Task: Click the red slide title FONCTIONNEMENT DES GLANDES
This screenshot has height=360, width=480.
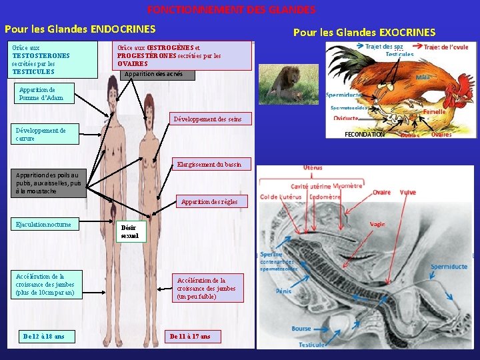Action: [x=231, y=10]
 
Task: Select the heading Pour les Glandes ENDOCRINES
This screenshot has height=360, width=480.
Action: [x=80, y=29]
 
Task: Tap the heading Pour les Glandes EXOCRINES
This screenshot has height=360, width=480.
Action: [x=364, y=32]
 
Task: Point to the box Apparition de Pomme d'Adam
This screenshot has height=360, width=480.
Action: [x=45, y=94]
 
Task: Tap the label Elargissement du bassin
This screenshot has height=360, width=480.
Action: [x=209, y=164]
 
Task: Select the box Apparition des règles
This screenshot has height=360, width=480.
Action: [x=209, y=201]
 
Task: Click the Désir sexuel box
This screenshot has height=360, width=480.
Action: [x=130, y=231]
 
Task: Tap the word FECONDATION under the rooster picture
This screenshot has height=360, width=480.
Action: [x=364, y=134]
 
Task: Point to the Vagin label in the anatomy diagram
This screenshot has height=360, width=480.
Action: [x=377, y=225]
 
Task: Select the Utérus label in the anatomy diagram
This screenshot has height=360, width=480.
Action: [x=313, y=168]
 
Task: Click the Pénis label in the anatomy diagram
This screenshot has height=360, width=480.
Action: [x=283, y=291]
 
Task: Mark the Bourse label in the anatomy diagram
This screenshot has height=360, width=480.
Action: [x=301, y=329]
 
